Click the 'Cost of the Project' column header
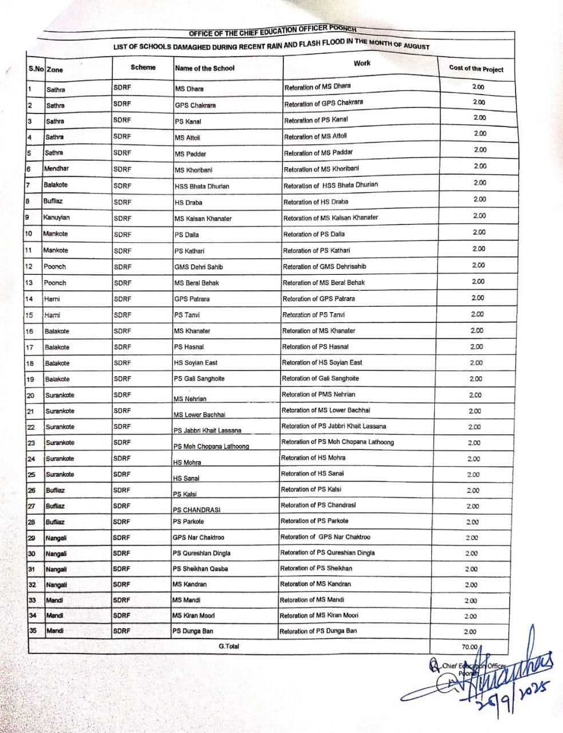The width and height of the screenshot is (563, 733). (476, 69)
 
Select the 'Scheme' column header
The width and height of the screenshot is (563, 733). (143, 68)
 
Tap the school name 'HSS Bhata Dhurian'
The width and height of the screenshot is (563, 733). (202, 186)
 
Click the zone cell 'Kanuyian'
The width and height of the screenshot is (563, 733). (56, 218)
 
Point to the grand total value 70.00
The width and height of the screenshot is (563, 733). (470, 647)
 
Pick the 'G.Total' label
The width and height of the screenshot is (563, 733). (229, 646)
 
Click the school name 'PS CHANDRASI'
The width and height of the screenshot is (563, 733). (196, 510)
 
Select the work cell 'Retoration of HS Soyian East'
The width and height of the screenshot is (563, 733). (322, 362)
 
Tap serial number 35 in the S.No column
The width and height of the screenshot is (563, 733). (33, 631)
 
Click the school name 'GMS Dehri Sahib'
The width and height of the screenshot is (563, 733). (199, 267)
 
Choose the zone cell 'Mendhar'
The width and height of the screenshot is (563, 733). (56, 169)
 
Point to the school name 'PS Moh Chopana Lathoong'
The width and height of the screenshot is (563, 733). (211, 446)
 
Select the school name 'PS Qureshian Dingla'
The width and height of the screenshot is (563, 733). (201, 553)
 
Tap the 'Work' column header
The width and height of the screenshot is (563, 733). (362, 64)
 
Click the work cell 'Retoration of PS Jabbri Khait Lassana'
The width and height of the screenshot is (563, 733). (333, 426)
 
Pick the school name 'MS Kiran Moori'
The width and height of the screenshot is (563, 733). (193, 616)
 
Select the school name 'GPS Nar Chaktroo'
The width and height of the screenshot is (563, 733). (198, 538)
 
